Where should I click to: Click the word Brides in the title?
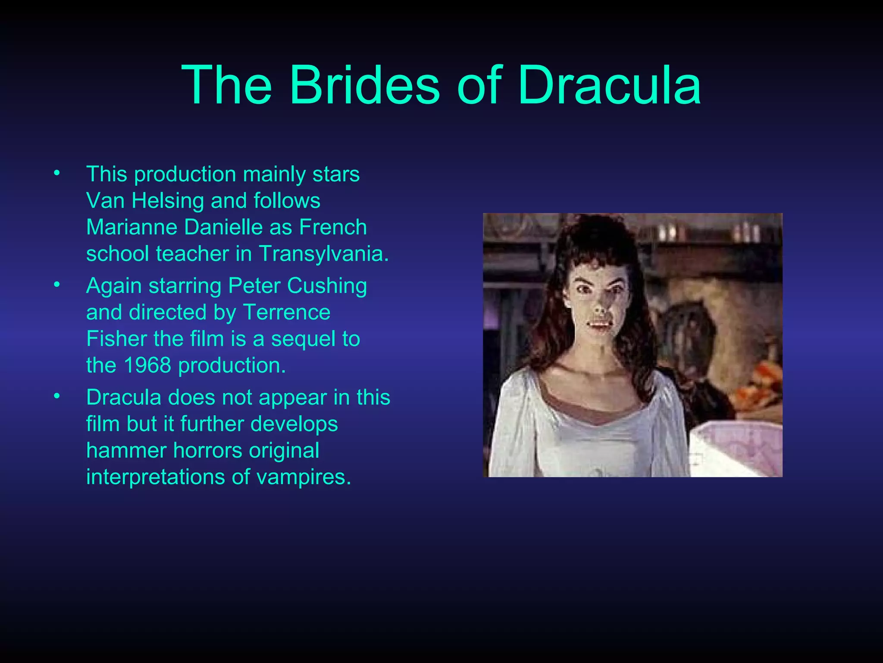365,85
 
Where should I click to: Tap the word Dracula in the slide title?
609,85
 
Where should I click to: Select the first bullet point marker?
56,174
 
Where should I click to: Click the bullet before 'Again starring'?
56,285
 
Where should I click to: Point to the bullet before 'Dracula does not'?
56,396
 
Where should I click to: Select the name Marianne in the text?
132,227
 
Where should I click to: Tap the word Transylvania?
323,253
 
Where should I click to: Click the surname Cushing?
327,286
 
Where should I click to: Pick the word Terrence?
287,312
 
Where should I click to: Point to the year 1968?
147,365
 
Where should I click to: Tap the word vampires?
304,477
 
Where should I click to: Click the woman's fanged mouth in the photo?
599,325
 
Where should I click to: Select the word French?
333,227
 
